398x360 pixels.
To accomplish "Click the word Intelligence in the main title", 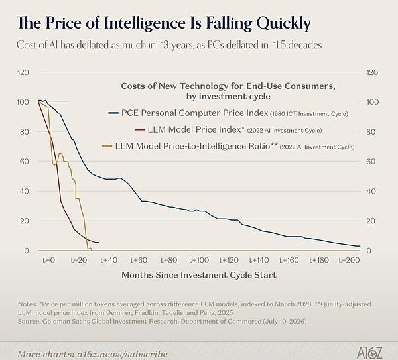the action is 145,23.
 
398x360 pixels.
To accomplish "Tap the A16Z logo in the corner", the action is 369,353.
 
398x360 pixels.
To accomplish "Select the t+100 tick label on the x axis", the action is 199,260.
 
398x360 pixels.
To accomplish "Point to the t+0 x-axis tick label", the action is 48,260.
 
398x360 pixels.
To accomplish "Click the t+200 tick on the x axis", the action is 350,260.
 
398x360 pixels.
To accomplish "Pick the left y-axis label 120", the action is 23,72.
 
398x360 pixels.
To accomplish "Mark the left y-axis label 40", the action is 25,191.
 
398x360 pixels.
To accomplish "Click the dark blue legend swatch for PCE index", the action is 113,113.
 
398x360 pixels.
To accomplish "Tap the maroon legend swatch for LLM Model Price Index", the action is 139,130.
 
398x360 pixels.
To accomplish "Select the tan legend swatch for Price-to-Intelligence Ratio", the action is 107,146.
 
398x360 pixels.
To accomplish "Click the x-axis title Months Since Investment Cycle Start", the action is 199,275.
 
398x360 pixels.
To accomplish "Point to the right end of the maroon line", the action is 98,243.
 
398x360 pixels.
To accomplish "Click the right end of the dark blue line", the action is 360,246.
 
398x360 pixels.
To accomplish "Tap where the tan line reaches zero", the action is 88,249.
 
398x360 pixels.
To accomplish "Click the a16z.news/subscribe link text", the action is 122,354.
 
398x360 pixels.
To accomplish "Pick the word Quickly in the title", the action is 284,23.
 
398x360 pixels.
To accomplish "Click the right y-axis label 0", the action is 369,251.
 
